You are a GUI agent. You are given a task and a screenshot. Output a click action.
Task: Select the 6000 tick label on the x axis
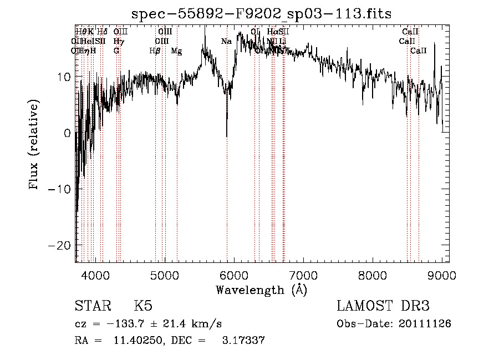(x=234, y=275)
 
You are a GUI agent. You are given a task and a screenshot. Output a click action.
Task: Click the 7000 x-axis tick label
(x=303, y=275)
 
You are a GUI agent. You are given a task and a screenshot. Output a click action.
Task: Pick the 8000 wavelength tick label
(x=373, y=275)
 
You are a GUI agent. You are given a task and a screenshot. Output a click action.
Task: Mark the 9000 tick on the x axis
(x=442, y=275)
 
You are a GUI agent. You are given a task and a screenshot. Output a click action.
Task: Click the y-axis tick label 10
(x=64, y=77)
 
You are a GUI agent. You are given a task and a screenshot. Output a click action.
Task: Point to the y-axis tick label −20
(x=60, y=245)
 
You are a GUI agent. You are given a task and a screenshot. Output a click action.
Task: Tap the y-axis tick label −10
(x=60, y=189)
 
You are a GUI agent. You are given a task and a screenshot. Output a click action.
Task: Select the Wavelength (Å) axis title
(x=261, y=290)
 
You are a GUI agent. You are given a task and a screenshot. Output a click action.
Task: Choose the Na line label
(x=226, y=42)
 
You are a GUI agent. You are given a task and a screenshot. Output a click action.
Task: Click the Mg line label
(x=176, y=51)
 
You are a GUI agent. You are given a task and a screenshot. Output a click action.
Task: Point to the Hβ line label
(x=155, y=51)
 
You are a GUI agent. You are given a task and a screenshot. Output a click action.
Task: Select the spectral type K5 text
(x=143, y=307)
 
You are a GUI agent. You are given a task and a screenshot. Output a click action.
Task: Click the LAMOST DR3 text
(x=383, y=307)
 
